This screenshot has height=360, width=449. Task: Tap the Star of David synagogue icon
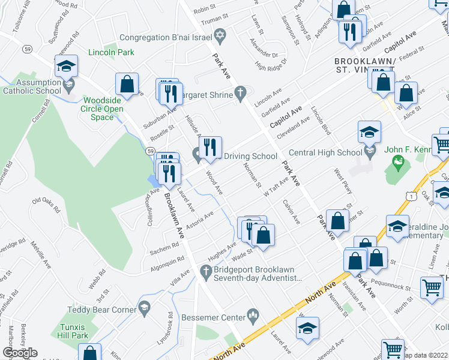tap(220, 37)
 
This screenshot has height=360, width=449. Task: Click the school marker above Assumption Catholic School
tap(67, 67)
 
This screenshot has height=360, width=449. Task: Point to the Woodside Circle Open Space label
tap(103, 109)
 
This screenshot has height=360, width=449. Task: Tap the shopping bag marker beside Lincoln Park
tap(127, 85)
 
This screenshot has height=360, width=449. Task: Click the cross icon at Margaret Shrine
tap(241, 92)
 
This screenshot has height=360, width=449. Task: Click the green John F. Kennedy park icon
tap(397, 161)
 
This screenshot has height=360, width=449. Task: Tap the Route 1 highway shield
tap(410, 196)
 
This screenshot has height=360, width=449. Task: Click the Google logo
tap(20, 353)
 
